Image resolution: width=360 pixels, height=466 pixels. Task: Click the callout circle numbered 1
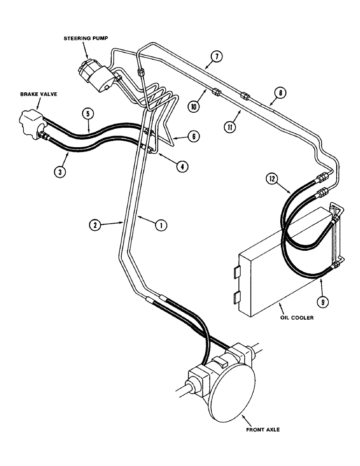159,225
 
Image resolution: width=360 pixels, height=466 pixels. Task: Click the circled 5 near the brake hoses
87,113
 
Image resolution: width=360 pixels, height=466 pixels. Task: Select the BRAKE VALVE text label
33,93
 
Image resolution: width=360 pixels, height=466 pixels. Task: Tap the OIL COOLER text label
296,318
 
